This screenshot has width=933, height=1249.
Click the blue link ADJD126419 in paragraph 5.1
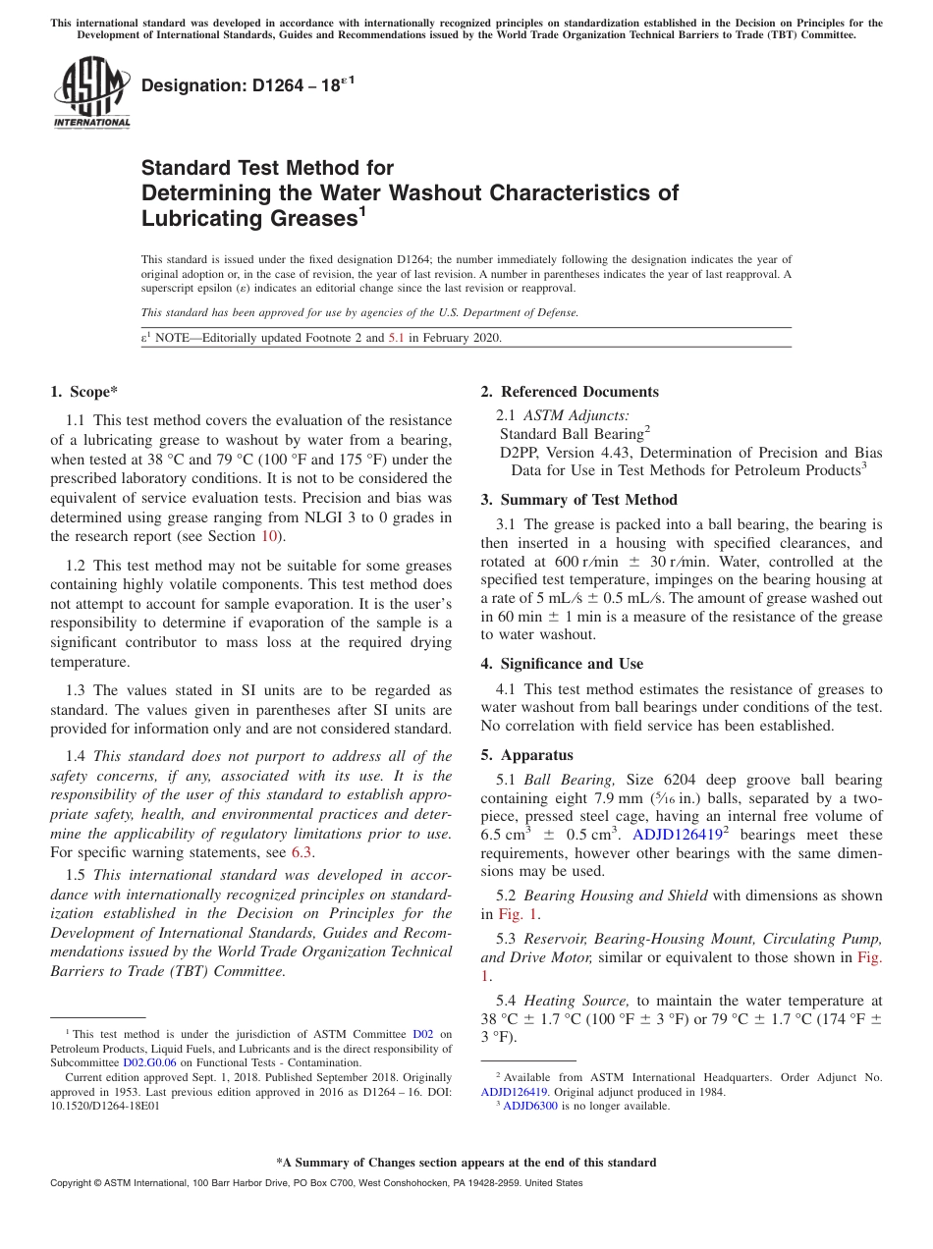[676, 835]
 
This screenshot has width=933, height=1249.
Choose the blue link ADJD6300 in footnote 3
[529, 1106]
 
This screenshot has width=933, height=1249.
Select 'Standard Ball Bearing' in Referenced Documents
[571, 434]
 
